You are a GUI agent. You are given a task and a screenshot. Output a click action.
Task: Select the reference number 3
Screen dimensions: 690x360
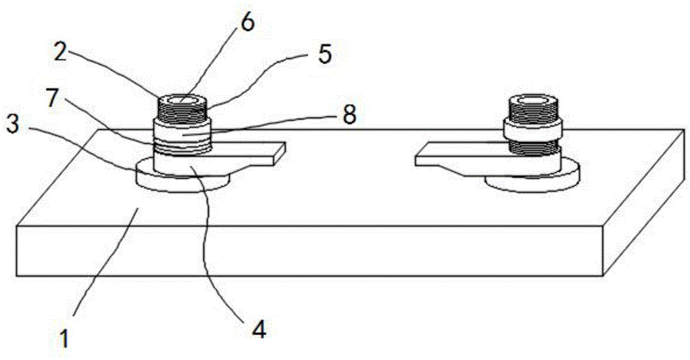pyautogui.click(x=12, y=126)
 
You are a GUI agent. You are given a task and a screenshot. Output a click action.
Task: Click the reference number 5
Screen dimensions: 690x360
pyautogui.click(x=324, y=54)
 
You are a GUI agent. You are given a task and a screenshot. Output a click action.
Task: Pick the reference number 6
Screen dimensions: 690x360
pyautogui.click(x=247, y=23)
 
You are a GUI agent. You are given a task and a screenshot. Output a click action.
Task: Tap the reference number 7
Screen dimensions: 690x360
pyautogui.click(x=52, y=99)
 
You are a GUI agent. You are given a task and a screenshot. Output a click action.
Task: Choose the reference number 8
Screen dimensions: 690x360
pyautogui.click(x=349, y=115)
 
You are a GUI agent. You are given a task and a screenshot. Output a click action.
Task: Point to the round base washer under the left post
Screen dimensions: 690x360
pyautogui.click(x=182, y=177)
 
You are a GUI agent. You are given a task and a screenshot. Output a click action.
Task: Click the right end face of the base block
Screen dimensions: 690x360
pyautogui.click(x=644, y=203)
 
